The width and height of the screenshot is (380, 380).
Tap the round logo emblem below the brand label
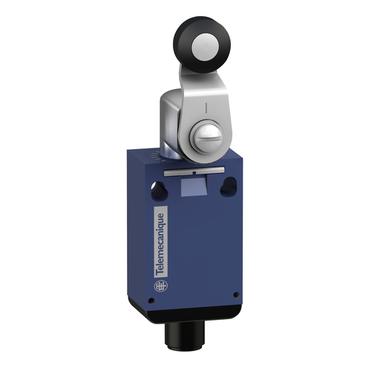160,286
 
